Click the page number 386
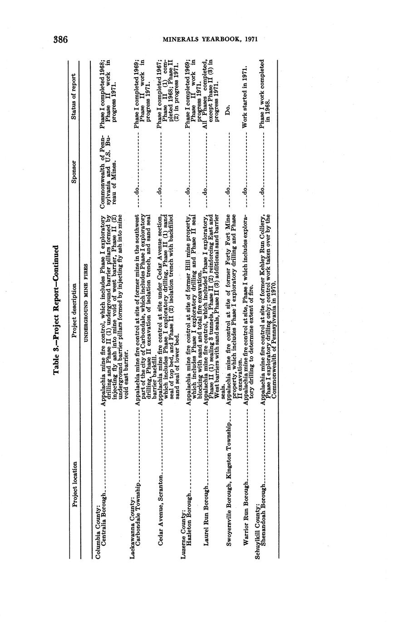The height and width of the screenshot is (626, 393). tap(60, 39)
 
